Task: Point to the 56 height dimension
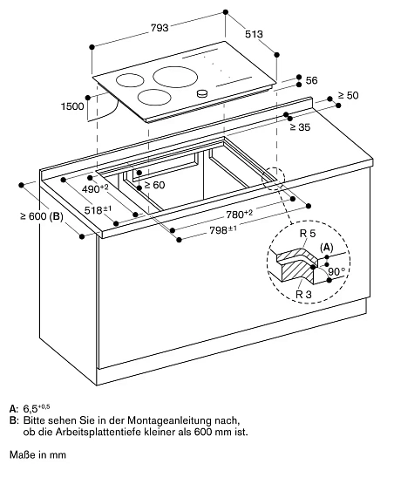point(311,80)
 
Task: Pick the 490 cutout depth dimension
point(95,187)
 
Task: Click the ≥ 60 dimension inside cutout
point(153,185)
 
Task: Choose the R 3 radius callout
point(302,296)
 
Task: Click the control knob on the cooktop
point(202,93)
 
